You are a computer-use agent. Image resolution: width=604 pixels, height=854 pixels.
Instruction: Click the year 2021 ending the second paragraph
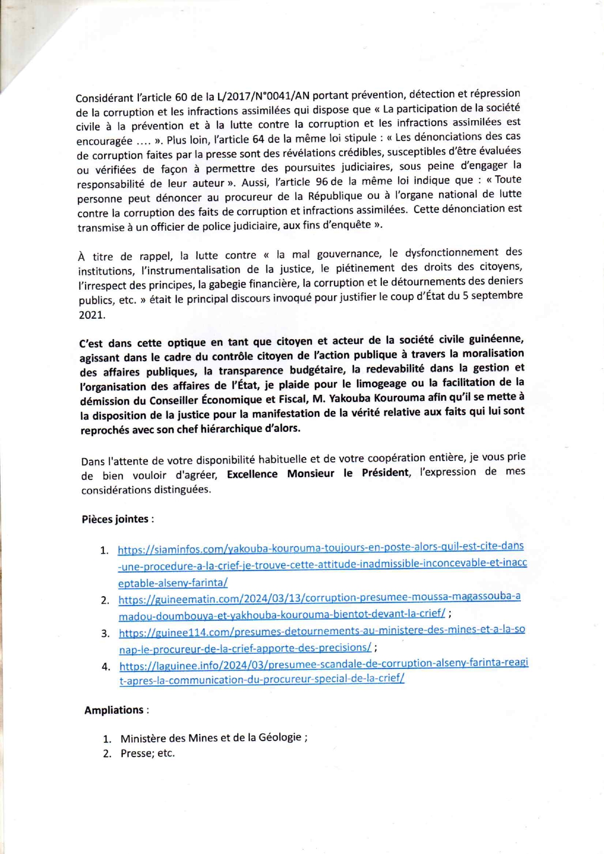(92, 315)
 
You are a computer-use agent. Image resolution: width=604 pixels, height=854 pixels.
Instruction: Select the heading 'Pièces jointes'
(115, 519)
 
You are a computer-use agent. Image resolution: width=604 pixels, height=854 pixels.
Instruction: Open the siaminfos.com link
(321, 564)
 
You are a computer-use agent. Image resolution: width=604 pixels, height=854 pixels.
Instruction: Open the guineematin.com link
(320, 605)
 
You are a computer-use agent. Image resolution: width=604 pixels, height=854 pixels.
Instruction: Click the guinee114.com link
(321, 639)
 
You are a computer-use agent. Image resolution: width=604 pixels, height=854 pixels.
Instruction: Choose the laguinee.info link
(323, 671)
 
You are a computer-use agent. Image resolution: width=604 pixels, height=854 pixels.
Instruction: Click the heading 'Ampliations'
(114, 710)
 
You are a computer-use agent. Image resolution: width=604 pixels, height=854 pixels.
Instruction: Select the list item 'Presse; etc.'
(148, 754)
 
